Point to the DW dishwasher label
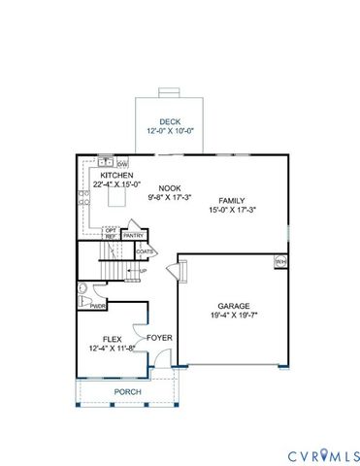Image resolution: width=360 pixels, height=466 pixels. coord(123,163)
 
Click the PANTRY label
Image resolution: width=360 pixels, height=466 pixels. coord(135,235)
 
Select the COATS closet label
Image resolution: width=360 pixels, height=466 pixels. coord(146,251)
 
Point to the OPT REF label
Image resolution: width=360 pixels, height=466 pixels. coord(111,234)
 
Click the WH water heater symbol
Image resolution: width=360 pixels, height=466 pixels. coord(279,261)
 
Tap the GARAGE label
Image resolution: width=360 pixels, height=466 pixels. coord(234,305)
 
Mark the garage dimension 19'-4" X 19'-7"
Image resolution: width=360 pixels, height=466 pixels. coord(234,315)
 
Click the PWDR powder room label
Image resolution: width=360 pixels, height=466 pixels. coord(98,306)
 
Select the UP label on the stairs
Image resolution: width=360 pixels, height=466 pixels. coord(143,271)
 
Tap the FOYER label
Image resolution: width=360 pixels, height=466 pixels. coord(159,338)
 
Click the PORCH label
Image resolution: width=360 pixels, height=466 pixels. coord(128,392)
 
